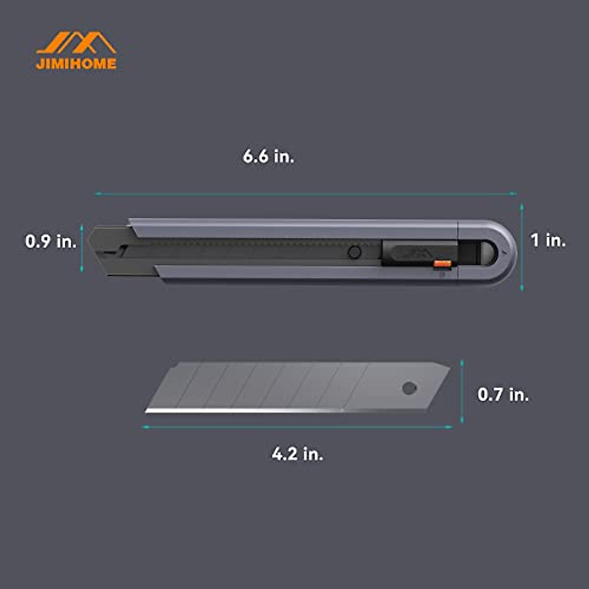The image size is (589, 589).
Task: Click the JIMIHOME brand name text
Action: click(x=76, y=64)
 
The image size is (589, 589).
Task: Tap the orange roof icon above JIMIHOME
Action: click(x=76, y=43)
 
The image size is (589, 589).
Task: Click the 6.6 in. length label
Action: click(x=268, y=157)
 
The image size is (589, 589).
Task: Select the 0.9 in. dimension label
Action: click(x=51, y=241)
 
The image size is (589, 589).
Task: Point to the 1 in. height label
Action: click(x=548, y=241)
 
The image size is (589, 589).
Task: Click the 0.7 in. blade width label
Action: click(x=503, y=395)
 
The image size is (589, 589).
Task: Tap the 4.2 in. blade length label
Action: click(x=297, y=454)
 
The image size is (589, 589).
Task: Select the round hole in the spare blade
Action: click(x=408, y=388)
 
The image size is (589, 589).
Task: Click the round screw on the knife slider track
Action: click(x=354, y=253)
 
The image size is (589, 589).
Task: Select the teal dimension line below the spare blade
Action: click(x=297, y=428)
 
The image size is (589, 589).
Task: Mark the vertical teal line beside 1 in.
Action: click(x=522, y=248)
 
